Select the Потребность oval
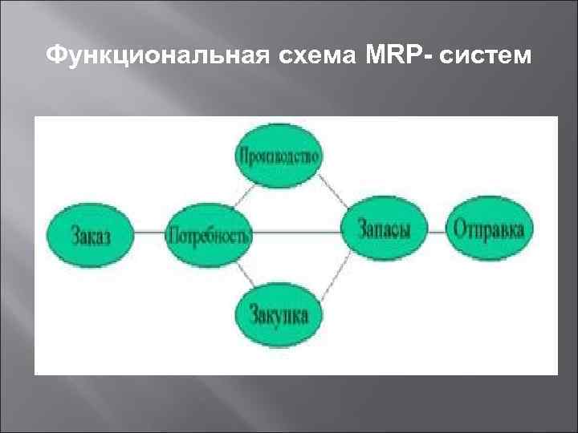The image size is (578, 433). (209, 234)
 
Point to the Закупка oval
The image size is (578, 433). (279, 313)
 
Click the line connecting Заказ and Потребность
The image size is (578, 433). (149, 234)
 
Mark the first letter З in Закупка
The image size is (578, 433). (254, 313)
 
